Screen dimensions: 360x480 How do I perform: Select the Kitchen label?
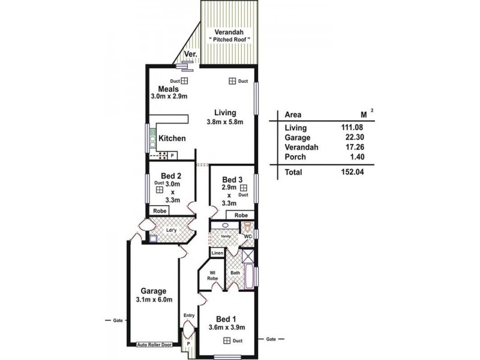[172, 139]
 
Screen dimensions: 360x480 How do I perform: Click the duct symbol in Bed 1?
[227, 341]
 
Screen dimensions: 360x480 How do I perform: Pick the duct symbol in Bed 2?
[160, 189]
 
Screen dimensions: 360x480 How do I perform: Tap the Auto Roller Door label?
[154, 345]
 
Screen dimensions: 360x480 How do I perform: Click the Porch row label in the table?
[295, 157]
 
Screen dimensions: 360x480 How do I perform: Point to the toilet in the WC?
[247, 226]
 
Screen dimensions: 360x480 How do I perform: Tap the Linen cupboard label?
[217, 253]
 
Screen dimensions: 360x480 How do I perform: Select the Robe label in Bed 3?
[241, 215]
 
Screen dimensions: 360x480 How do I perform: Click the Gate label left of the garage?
[118, 320]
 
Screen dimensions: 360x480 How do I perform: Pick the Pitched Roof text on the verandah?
[229, 40]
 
